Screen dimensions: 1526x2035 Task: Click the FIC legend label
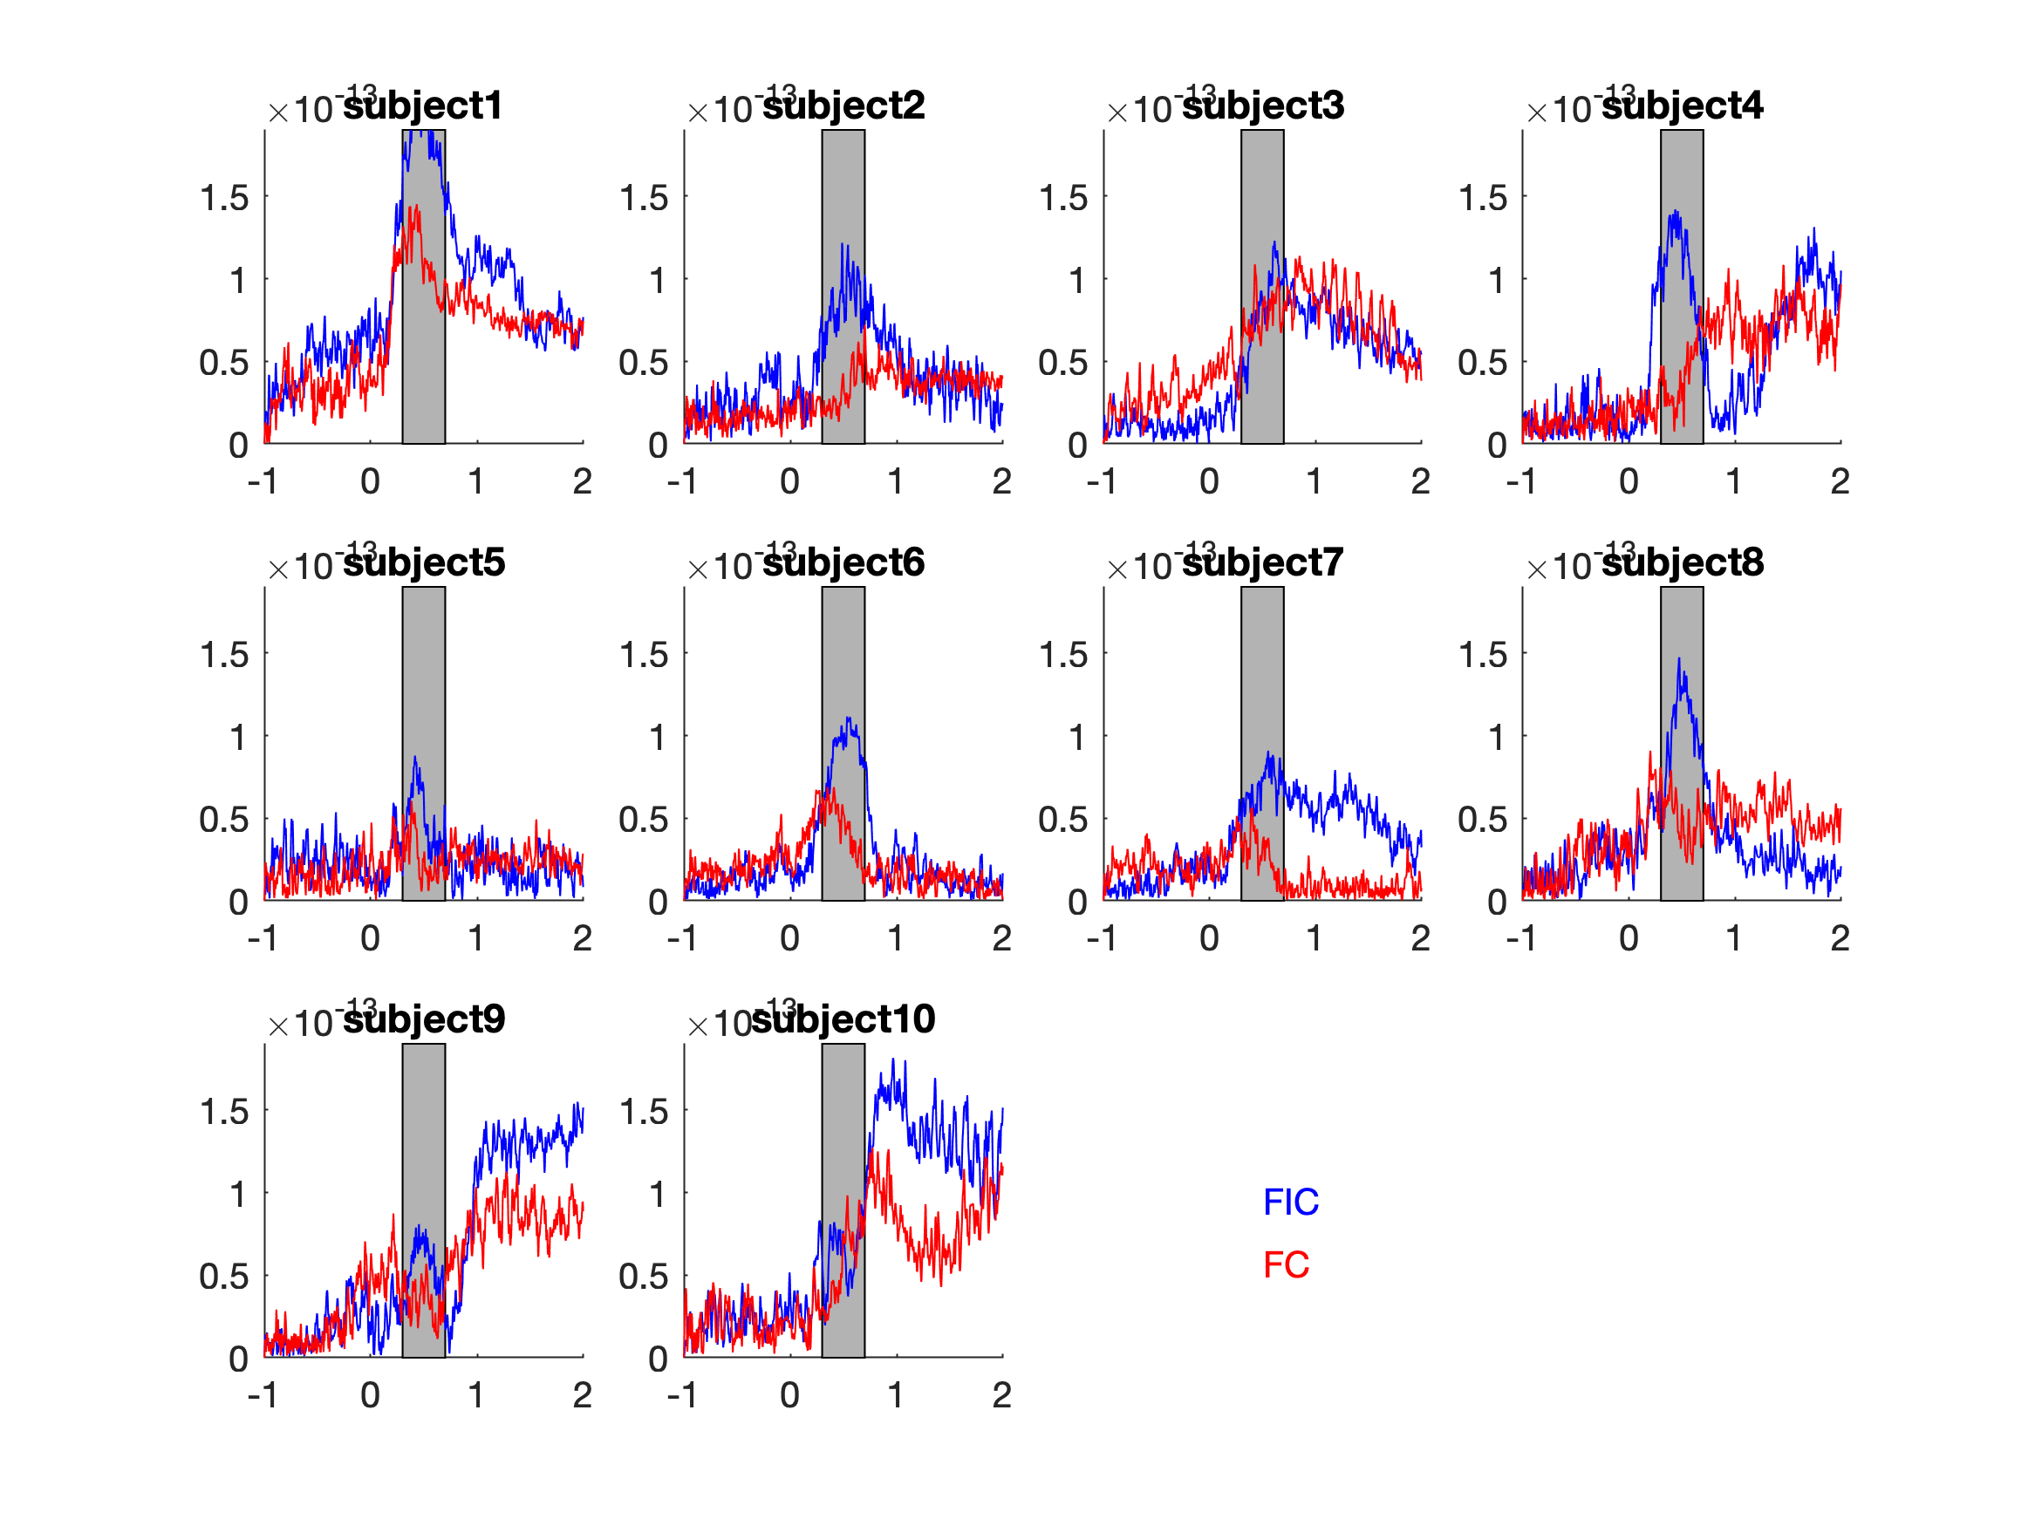(x=1291, y=1202)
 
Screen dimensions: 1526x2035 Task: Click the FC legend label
(x=1285, y=1264)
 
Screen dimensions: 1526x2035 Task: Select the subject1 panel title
(x=423, y=106)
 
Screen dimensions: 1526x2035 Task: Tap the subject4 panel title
(x=1682, y=106)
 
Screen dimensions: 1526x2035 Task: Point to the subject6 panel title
(x=843, y=562)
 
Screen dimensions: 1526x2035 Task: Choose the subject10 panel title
(x=843, y=1019)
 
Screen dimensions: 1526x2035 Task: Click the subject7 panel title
(x=1262, y=562)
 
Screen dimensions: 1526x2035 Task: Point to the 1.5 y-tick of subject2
(x=643, y=198)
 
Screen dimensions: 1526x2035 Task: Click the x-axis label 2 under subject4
(x=1840, y=481)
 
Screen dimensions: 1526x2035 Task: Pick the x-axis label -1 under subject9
(x=263, y=1395)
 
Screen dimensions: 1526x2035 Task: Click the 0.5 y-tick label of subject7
(x=1062, y=820)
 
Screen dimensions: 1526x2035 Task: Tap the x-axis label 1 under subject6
(x=895, y=938)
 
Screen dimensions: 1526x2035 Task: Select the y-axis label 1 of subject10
(x=657, y=1195)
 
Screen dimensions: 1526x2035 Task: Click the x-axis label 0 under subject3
(x=1209, y=481)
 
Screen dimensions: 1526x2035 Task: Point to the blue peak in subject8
(x=1679, y=659)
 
